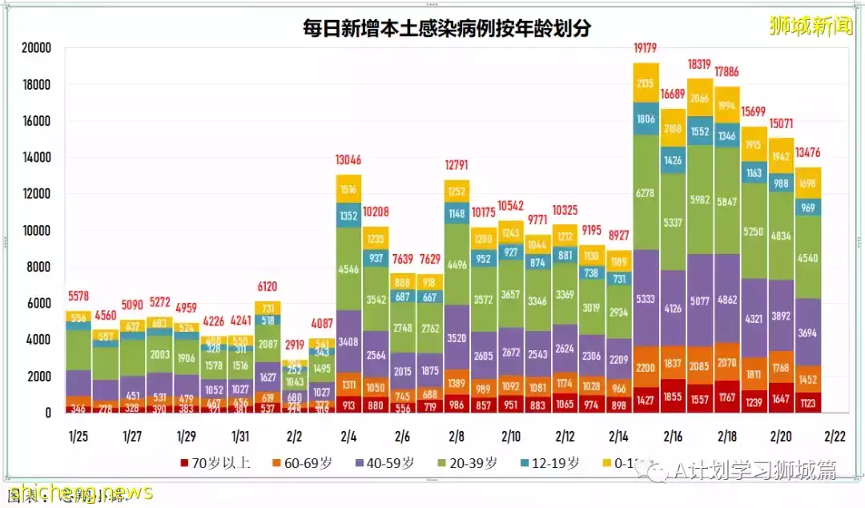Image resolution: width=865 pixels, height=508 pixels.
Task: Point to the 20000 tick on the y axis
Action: [35, 48]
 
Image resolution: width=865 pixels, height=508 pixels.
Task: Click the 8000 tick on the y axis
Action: [38, 267]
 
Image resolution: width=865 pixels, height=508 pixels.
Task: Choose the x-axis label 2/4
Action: [348, 437]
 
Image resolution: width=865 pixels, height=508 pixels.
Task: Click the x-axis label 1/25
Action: [78, 437]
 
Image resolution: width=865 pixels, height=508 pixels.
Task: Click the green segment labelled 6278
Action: [646, 192]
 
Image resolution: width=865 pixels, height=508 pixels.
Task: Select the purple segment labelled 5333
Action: [646, 298]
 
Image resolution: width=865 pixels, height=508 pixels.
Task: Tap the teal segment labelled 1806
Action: [646, 119]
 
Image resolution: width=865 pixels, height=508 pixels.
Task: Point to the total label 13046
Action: [348, 160]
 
